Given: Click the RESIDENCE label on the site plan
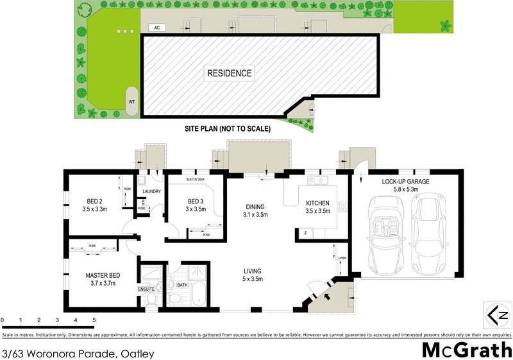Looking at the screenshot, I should [x=229, y=73].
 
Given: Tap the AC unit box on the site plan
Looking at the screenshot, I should [x=156, y=28].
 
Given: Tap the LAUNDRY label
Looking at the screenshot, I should [x=151, y=191].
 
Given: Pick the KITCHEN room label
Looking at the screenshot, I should [x=318, y=203].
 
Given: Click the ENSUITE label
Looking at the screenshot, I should [x=146, y=288].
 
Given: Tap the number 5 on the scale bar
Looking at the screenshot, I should [x=94, y=319].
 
